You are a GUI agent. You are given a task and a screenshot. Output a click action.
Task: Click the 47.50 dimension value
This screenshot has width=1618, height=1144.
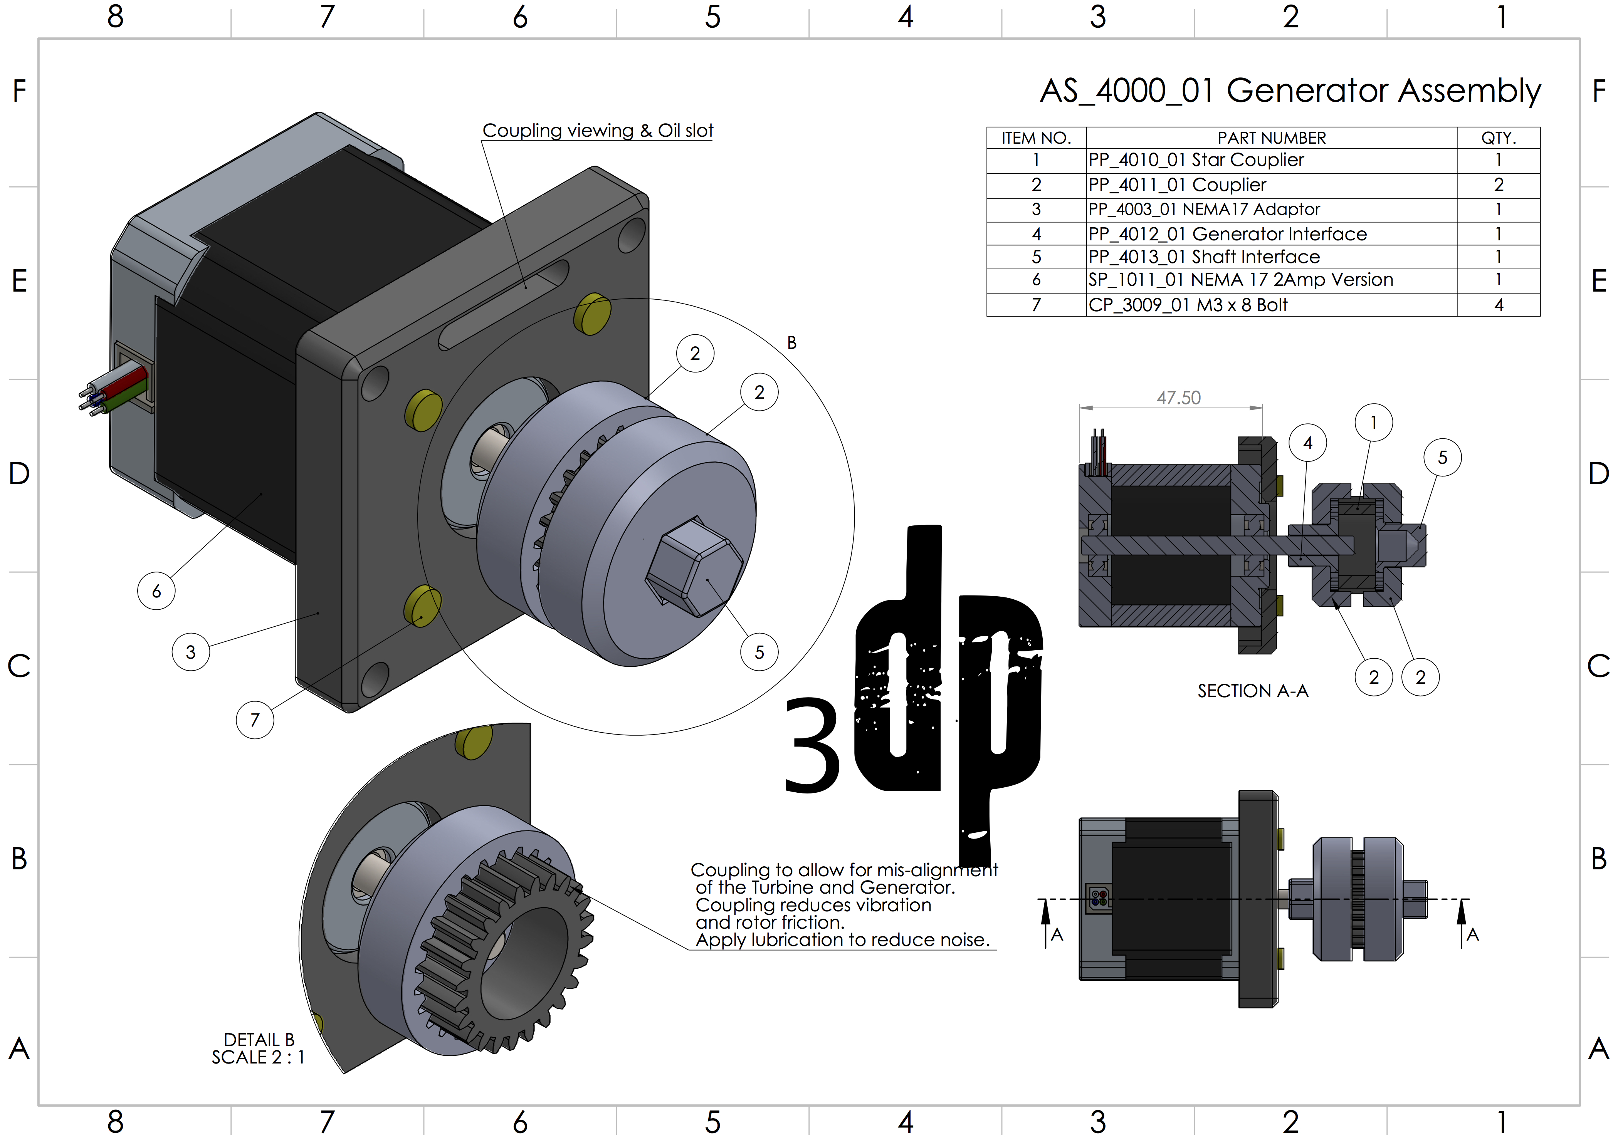(1178, 398)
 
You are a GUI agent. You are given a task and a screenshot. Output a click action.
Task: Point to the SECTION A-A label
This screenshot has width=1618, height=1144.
(1253, 691)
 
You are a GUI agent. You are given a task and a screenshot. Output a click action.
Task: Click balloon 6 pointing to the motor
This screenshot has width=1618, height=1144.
(156, 591)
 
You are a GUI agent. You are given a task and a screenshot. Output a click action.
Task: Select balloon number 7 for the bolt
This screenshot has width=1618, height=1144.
(255, 719)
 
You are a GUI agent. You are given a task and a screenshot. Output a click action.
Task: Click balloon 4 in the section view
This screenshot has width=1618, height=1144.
(1308, 442)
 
